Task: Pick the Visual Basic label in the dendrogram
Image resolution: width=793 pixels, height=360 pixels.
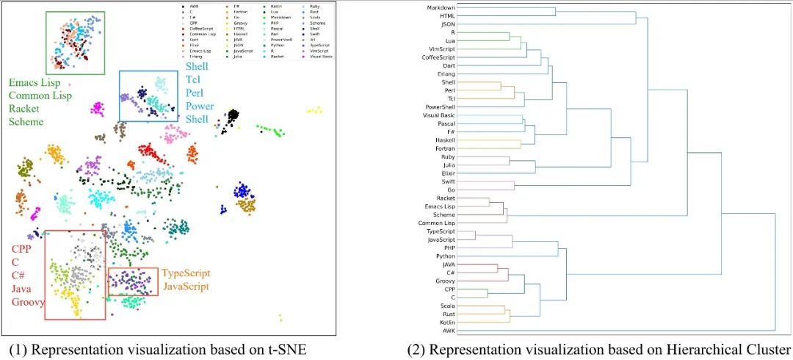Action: pyautogui.click(x=437, y=115)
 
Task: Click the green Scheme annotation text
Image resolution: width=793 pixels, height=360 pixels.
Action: pyautogui.click(x=26, y=122)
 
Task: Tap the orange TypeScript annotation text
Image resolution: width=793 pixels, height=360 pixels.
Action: pyautogui.click(x=186, y=273)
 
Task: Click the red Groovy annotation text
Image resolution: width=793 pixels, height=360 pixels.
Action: pyautogui.click(x=27, y=302)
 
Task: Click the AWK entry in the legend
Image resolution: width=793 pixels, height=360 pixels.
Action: pyautogui.click(x=193, y=7)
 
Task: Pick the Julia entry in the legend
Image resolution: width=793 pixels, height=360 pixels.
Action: pyautogui.click(x=237, y=56)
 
